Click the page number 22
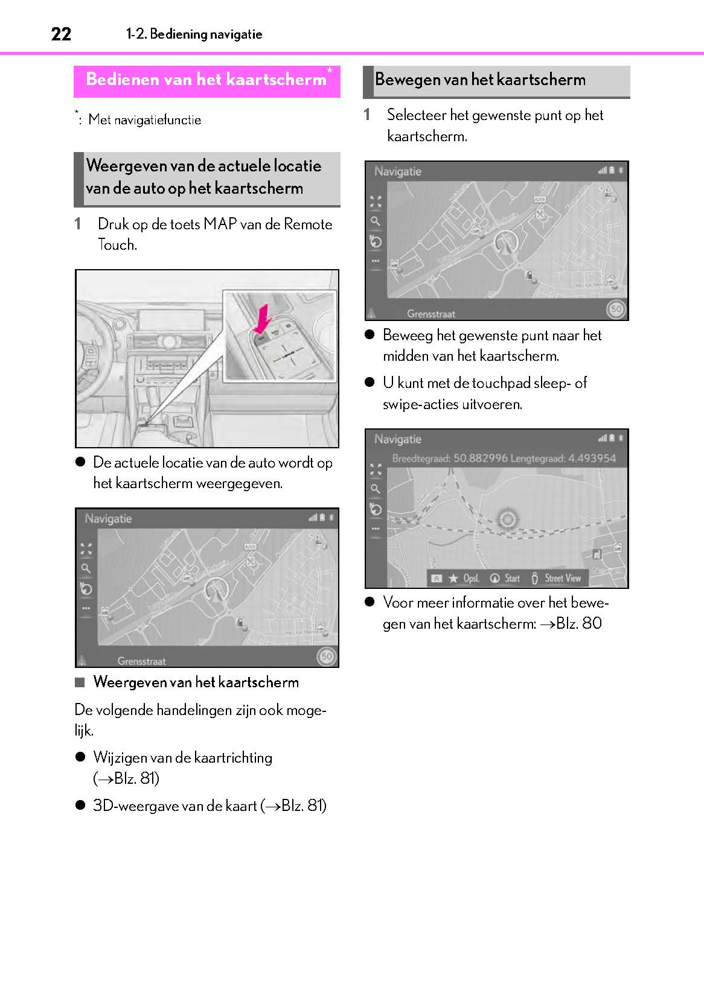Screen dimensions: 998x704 (61, 34)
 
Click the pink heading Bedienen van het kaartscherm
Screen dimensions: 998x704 (206, 80)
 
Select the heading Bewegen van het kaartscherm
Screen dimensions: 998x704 (480, 80)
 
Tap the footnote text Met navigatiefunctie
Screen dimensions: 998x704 (144, 119)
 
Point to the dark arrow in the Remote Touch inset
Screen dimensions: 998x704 (262, 318)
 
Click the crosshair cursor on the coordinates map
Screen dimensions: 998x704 (508, 519)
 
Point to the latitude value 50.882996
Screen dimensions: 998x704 (480, 458)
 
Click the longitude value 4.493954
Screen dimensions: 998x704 (590, 458)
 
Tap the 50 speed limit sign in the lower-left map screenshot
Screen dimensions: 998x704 (327, 656)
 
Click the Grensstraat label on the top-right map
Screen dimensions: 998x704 (430, 314)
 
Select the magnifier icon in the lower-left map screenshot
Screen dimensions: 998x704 (86, 568)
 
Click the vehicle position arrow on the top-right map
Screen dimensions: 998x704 (505, 244)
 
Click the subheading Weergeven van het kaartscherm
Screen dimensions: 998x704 (196, 682)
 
